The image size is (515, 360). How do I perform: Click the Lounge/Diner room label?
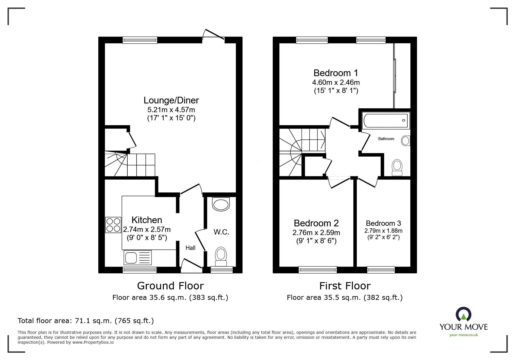point(171,101)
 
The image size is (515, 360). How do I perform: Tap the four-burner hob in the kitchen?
point(113,225)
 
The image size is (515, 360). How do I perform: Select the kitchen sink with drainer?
point(138,258)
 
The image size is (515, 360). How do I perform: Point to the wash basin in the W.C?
point(221,204)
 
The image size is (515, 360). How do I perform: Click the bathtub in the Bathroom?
point(386,121)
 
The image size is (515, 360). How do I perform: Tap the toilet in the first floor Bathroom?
point(397,168)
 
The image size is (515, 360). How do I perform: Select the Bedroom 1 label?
point(336,73)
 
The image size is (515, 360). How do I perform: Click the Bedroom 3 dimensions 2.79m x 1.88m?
point(383,231)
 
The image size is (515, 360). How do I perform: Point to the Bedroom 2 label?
point(316,223)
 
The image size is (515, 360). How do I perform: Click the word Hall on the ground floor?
point(190,248)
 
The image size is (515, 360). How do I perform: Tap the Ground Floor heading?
point(170,286)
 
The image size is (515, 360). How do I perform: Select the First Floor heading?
point(345,286)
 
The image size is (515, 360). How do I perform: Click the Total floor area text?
point(85,321)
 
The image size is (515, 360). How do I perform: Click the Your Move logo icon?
point(463,315)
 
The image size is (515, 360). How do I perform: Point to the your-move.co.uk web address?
point(464,335)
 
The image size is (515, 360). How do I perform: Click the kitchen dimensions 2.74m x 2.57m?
point(147,230)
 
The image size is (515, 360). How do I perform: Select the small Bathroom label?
point(386,139)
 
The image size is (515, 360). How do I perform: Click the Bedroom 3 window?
point(381,270)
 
